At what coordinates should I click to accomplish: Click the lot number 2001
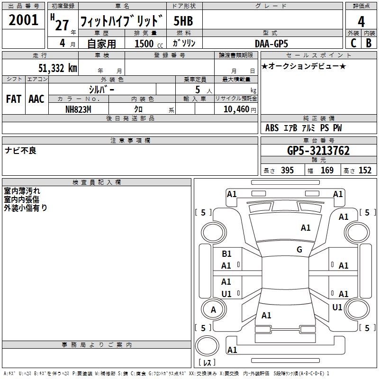click(24, 20)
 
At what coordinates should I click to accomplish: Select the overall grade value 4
click(361, 22)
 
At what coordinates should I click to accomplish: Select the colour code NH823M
click(78, 109)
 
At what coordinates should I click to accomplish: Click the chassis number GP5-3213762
click(318, 151)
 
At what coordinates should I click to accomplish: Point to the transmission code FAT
click(13, 99)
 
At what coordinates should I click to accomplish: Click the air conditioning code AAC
click(36, 99)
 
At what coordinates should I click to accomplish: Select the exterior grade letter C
click(353, 43)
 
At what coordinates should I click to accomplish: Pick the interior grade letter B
click(369, 43)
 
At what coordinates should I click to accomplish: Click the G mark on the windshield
click(299, 250)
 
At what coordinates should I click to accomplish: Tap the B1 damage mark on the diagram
click(226, 254)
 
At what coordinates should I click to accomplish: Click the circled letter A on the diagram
click(213, 310)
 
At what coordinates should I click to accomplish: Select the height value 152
click(365, 171)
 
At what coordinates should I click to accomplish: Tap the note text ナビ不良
click(20, 151)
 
